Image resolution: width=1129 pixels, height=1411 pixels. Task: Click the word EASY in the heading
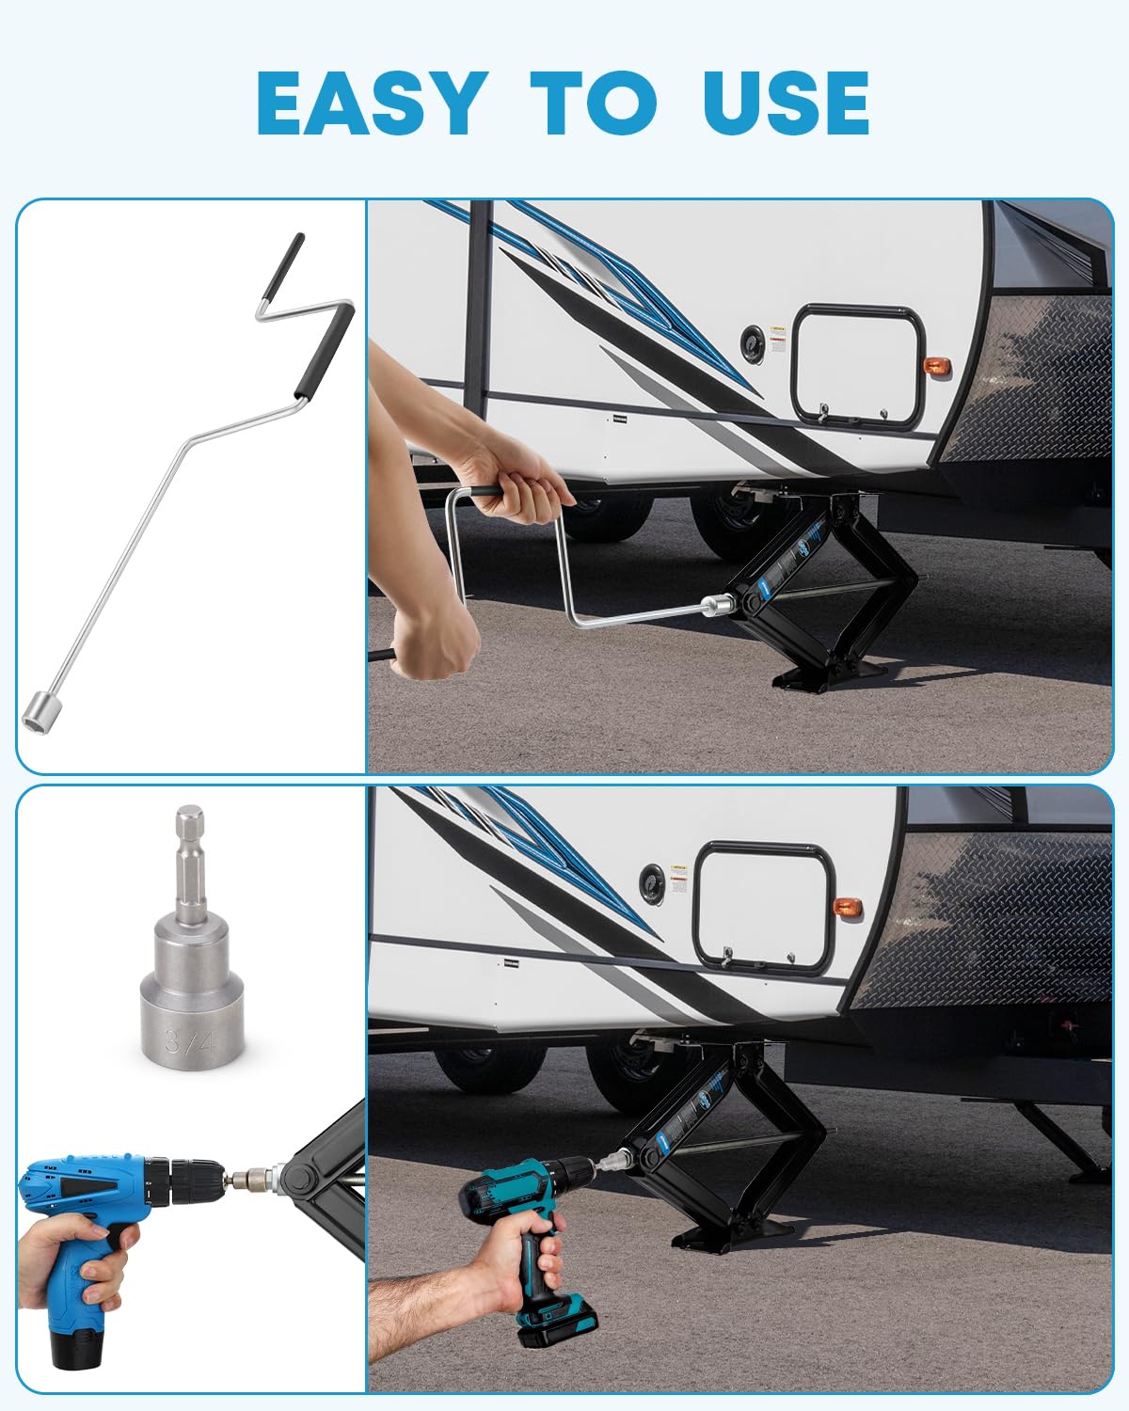pyautogui.click(x=371, y=103)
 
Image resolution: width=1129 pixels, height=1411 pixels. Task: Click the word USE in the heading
pyautogui.click(x=786, y=103)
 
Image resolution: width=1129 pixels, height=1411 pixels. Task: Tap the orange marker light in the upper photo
pyautogui.click(x=934, y=365)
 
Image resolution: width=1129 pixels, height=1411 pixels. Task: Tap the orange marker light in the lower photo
pyautogui.click(x=848, y=909)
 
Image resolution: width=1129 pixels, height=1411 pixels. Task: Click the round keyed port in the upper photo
pyautogui.click(x=753, y=341)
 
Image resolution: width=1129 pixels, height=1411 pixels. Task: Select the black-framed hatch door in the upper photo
pyautogui.click(x=856, y=366)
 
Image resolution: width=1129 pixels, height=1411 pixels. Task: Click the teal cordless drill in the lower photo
pyautogui.click(x=527, y=1223)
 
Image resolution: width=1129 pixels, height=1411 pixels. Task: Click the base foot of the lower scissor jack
pyautogui.click(x=734, y=1233)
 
